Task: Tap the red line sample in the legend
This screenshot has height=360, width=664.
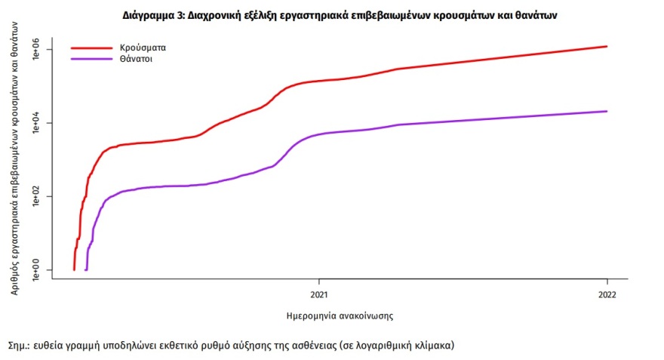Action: point(91,47)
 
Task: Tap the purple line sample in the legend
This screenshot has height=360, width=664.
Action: point(91,57)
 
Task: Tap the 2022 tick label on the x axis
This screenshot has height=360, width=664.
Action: point(607,293)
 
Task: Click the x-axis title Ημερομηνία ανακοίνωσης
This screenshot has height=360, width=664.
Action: point(340,314)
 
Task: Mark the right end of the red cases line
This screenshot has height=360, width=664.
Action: point(607,47)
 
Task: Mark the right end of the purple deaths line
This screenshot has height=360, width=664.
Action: point(607,112)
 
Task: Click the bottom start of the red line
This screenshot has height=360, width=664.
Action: point(74,269)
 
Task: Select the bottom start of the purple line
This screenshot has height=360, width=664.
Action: point(86,269)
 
